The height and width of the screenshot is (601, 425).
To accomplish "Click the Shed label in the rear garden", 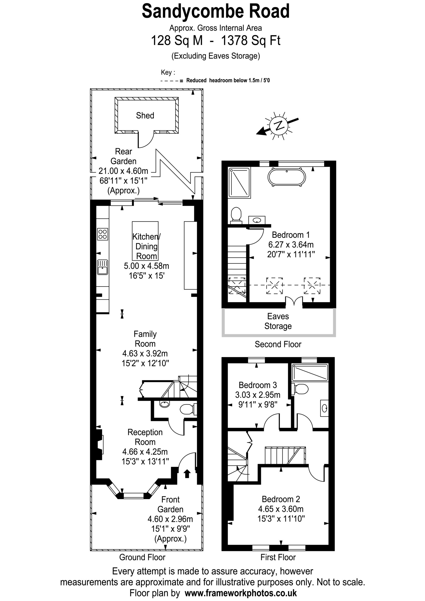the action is click(145, 116).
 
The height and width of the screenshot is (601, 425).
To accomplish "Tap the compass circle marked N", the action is click(279, 126).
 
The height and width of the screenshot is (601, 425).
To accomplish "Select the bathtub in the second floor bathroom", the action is click(286, 177).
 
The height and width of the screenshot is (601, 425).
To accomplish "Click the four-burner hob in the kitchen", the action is click(102, 234).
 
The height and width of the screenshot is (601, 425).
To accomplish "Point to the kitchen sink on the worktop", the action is click(102, 267).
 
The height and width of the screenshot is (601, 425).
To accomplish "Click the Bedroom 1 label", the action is click(291, 235).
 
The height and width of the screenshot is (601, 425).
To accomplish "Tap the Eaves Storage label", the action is click(278, 321).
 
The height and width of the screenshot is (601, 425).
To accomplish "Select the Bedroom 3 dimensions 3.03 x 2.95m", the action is click(257, 395).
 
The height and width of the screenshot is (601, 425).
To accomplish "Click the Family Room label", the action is click(145, 339).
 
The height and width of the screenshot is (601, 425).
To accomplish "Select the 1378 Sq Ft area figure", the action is click(251, 41).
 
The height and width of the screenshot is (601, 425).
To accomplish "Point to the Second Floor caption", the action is click(278, 344).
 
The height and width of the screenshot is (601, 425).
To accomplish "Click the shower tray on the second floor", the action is click(239, 182).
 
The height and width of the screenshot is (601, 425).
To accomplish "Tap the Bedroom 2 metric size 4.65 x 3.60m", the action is click(281, 509).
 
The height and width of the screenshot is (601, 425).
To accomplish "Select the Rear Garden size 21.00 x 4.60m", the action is click(123, 171).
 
